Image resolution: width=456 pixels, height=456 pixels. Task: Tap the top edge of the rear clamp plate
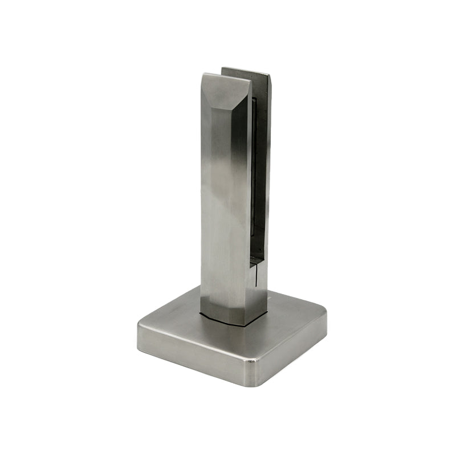pyautogui.click(x=245, y=70)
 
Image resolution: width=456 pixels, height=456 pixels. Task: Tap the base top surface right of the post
pyautogui.click(x=291, y=313)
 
